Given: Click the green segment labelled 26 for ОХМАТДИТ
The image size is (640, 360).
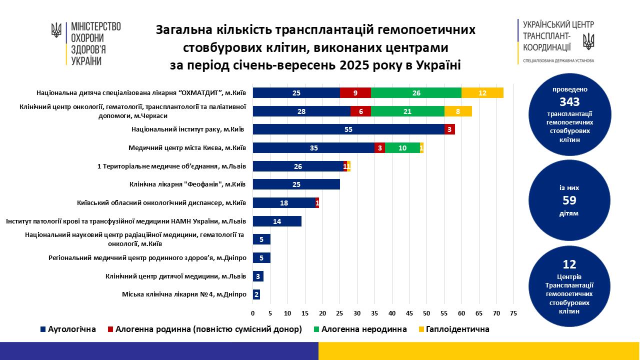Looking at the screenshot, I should pos(416,92).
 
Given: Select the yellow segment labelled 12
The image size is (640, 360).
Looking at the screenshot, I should pos(482,92).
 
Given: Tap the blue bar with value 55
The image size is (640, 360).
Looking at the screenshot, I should pos(348,129).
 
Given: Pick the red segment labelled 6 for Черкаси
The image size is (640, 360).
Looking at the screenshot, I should pos(360,111).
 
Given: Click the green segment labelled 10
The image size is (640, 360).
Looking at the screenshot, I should pos(402,147).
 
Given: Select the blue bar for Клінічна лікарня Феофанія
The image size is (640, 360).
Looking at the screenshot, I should pos(296,184).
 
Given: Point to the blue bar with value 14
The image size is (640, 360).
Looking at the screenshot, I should pos(277,221).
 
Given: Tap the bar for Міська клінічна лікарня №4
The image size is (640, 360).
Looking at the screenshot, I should pos(256,294).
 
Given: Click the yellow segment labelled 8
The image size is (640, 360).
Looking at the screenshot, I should pos(458,111).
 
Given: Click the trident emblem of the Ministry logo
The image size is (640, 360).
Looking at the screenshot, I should pos(56,30).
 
